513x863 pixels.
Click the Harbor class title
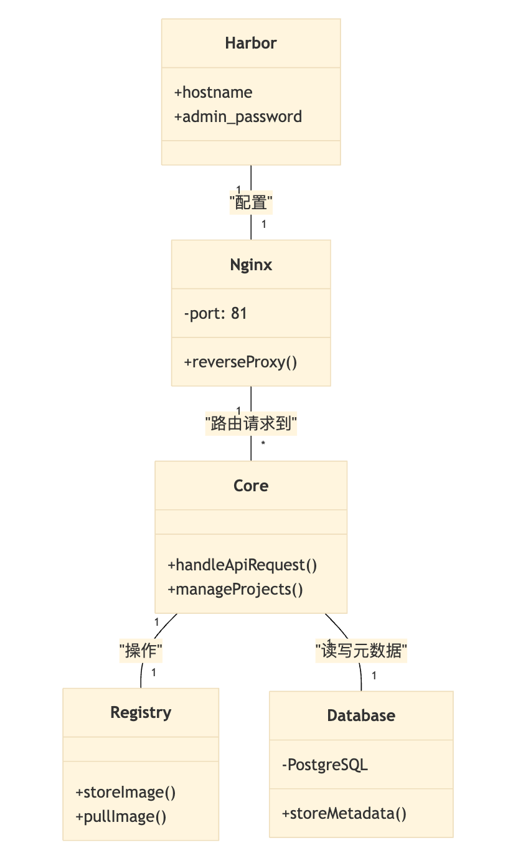pyautogui.click(x=251, y=43)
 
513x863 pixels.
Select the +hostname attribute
pyautogui.click(x=213, y=93)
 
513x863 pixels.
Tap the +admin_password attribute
pyautogui.click(x=238, y=117)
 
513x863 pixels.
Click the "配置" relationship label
pyautogui.click(x=252, y=202)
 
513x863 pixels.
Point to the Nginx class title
pyautogui.click(x=251, y=265)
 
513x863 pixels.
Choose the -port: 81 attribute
pyautogui.click(x=215, y=313)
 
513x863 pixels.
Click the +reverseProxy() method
pyautogui.click(x=240, y=362)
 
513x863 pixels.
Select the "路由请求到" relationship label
pyautogui.click(x=251, y=425)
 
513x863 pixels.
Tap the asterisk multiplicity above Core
pyautogui.click(x=263, y=444)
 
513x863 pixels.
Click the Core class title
pyautogui.click(x=251, y=486)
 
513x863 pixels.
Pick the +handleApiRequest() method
pyautogui.click(x=242, y=565)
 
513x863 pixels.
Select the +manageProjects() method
pyautogui.click(x=235, y=589)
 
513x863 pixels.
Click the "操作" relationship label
pyautogui.click(x=141, y=651)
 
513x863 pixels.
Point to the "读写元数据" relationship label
pyautogui.click(x=361, y=651)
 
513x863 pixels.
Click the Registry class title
pyautogui.click(x=141, y=712)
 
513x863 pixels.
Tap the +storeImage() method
pyautogui.click(x=126, y=793)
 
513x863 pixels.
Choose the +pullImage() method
pyautogui.click(x=121, y=816)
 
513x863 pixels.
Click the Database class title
pyautogui.click(x=361, y=715)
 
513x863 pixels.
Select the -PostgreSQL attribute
pyautogui.click(x=325, y=765)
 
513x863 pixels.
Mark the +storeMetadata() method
pyautogui.click(x=344, y=813)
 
